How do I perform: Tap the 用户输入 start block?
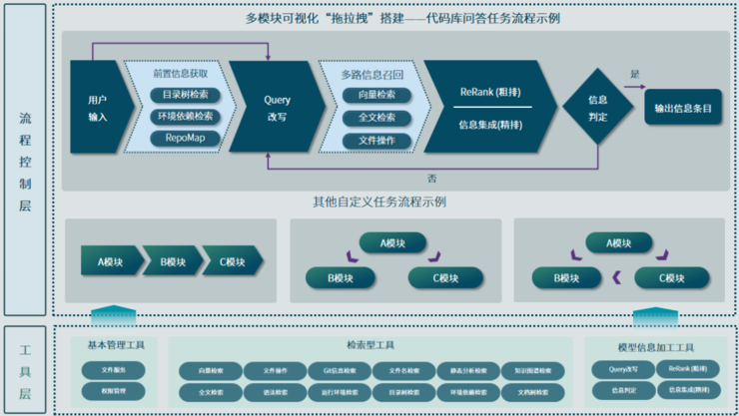[97, 108]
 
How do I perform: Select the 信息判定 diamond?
[598, 108]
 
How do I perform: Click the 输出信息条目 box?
[683, 108]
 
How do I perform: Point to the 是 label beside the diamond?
[634, 74]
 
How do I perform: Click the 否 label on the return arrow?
[431, 177]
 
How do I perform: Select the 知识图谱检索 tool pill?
[532, 370]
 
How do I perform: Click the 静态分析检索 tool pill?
[467, 370]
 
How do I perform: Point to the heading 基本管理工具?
[115, 346]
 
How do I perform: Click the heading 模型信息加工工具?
[655, 346]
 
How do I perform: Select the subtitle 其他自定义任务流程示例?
[379, 202]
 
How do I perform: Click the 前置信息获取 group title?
[181, 72]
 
